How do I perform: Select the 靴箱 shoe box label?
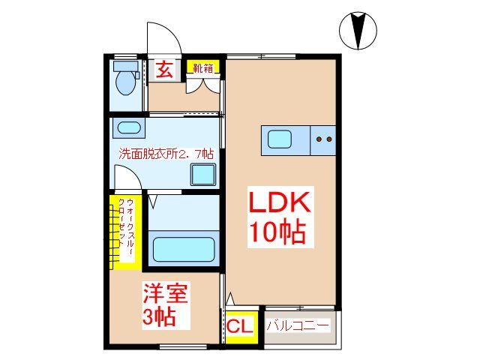[202, 68]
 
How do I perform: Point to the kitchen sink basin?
[282, 139]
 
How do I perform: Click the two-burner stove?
[324, 139]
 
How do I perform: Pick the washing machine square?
[203, 174]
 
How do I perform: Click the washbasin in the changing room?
[128, 127]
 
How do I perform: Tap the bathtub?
[183, 248]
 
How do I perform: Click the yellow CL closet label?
[241, 327]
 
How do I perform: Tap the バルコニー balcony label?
[298, 326]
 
